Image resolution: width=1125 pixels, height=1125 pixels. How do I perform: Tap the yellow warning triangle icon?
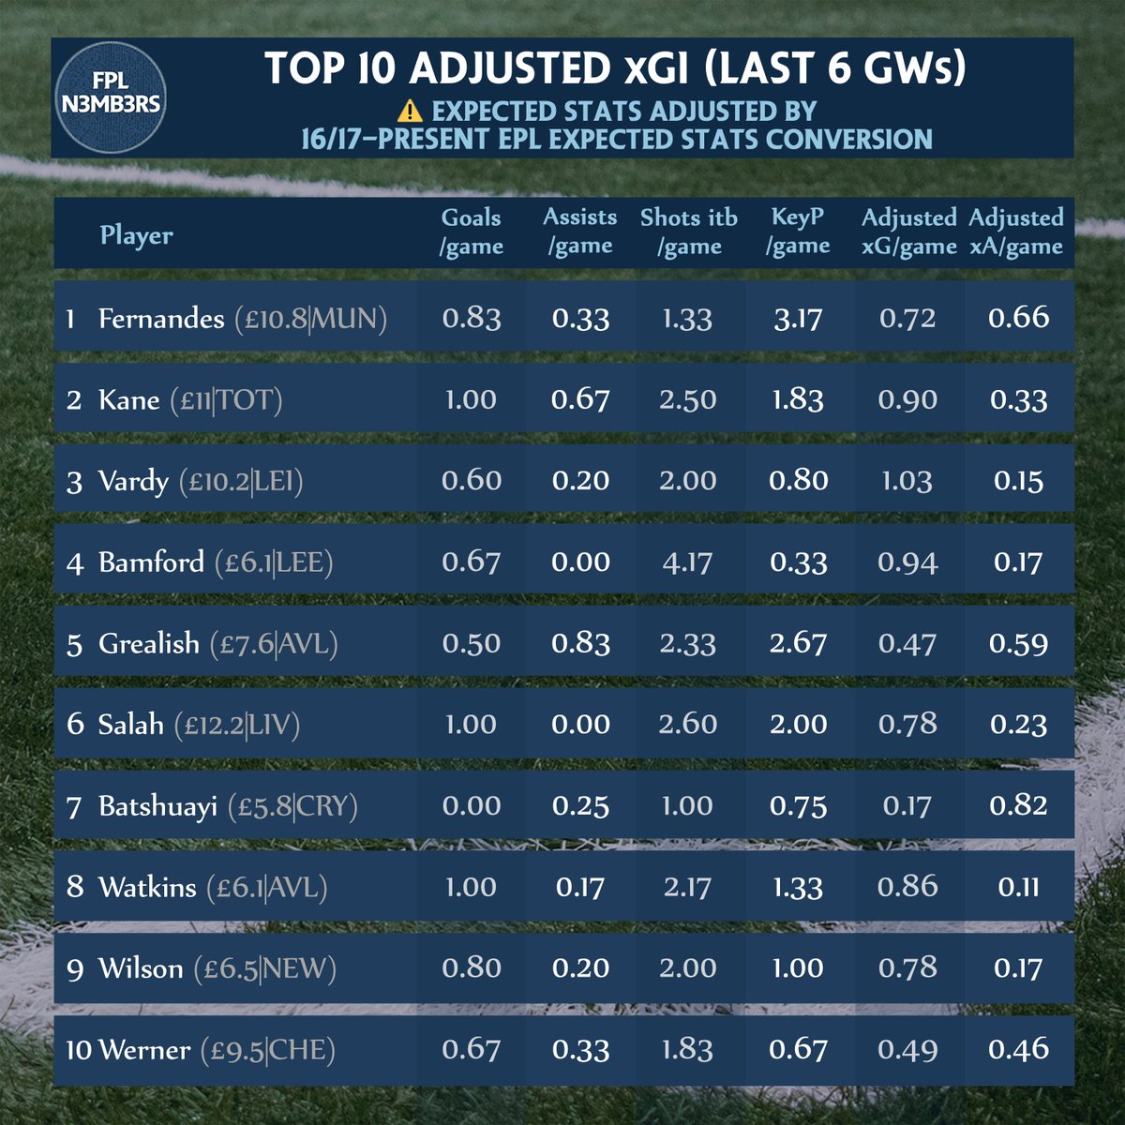(x=410, y=112)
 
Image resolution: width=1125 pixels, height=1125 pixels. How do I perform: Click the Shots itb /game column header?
(x=688, y=232)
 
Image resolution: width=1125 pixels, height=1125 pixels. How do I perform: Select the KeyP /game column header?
(x=798, y=232)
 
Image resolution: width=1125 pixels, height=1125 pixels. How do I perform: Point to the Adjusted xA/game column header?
(x=1016, y=232)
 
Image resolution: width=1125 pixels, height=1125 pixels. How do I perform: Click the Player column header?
(x=137, y=235)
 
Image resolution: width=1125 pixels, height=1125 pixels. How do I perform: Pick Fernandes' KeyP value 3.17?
(x=798, y=318)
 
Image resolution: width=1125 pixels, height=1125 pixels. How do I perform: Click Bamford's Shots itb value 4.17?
(x=688, y=562)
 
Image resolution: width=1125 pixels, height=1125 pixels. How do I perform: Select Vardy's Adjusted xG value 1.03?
(x=907, y=481)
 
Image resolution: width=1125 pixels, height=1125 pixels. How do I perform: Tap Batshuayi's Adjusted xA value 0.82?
(x=1018, y=805)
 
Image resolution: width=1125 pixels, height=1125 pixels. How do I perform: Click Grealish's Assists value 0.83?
(x=580, y=643)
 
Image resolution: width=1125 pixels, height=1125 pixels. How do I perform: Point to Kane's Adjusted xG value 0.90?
(x=907, y=399)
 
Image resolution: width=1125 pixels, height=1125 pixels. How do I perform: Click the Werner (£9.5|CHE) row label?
(x=200, y=1050)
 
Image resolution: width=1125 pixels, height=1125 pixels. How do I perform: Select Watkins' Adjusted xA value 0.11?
(x=1018, y=887)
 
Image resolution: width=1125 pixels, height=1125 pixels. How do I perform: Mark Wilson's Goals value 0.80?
(x=471, y=968)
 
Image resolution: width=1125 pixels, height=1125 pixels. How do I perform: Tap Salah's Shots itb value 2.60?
(x=688, y=725)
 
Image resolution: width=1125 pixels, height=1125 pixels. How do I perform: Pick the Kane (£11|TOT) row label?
(x=174, y=400)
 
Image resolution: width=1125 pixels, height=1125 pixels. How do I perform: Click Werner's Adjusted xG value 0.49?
(x=907, y=1050)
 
